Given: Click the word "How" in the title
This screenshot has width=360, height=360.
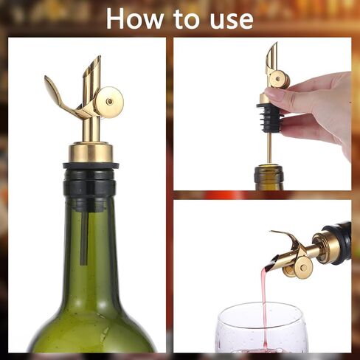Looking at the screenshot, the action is pyautogui.click(x=135, y=19).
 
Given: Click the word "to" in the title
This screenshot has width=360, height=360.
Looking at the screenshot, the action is pyautogui.click(x=187, y=20).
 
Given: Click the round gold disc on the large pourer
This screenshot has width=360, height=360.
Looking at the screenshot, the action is pyautogui.click(x=109, y=102).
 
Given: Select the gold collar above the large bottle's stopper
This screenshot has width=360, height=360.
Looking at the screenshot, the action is pyautogui.click(x=90, y=153).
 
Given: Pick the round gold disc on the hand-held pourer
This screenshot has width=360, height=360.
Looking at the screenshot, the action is pyautogui.click(x=278, y=79).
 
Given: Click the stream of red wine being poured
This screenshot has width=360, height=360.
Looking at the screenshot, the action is pyautogui.click(x=265, y=305).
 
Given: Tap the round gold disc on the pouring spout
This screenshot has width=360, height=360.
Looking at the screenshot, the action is pyautogui.click(x=303, y=267).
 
